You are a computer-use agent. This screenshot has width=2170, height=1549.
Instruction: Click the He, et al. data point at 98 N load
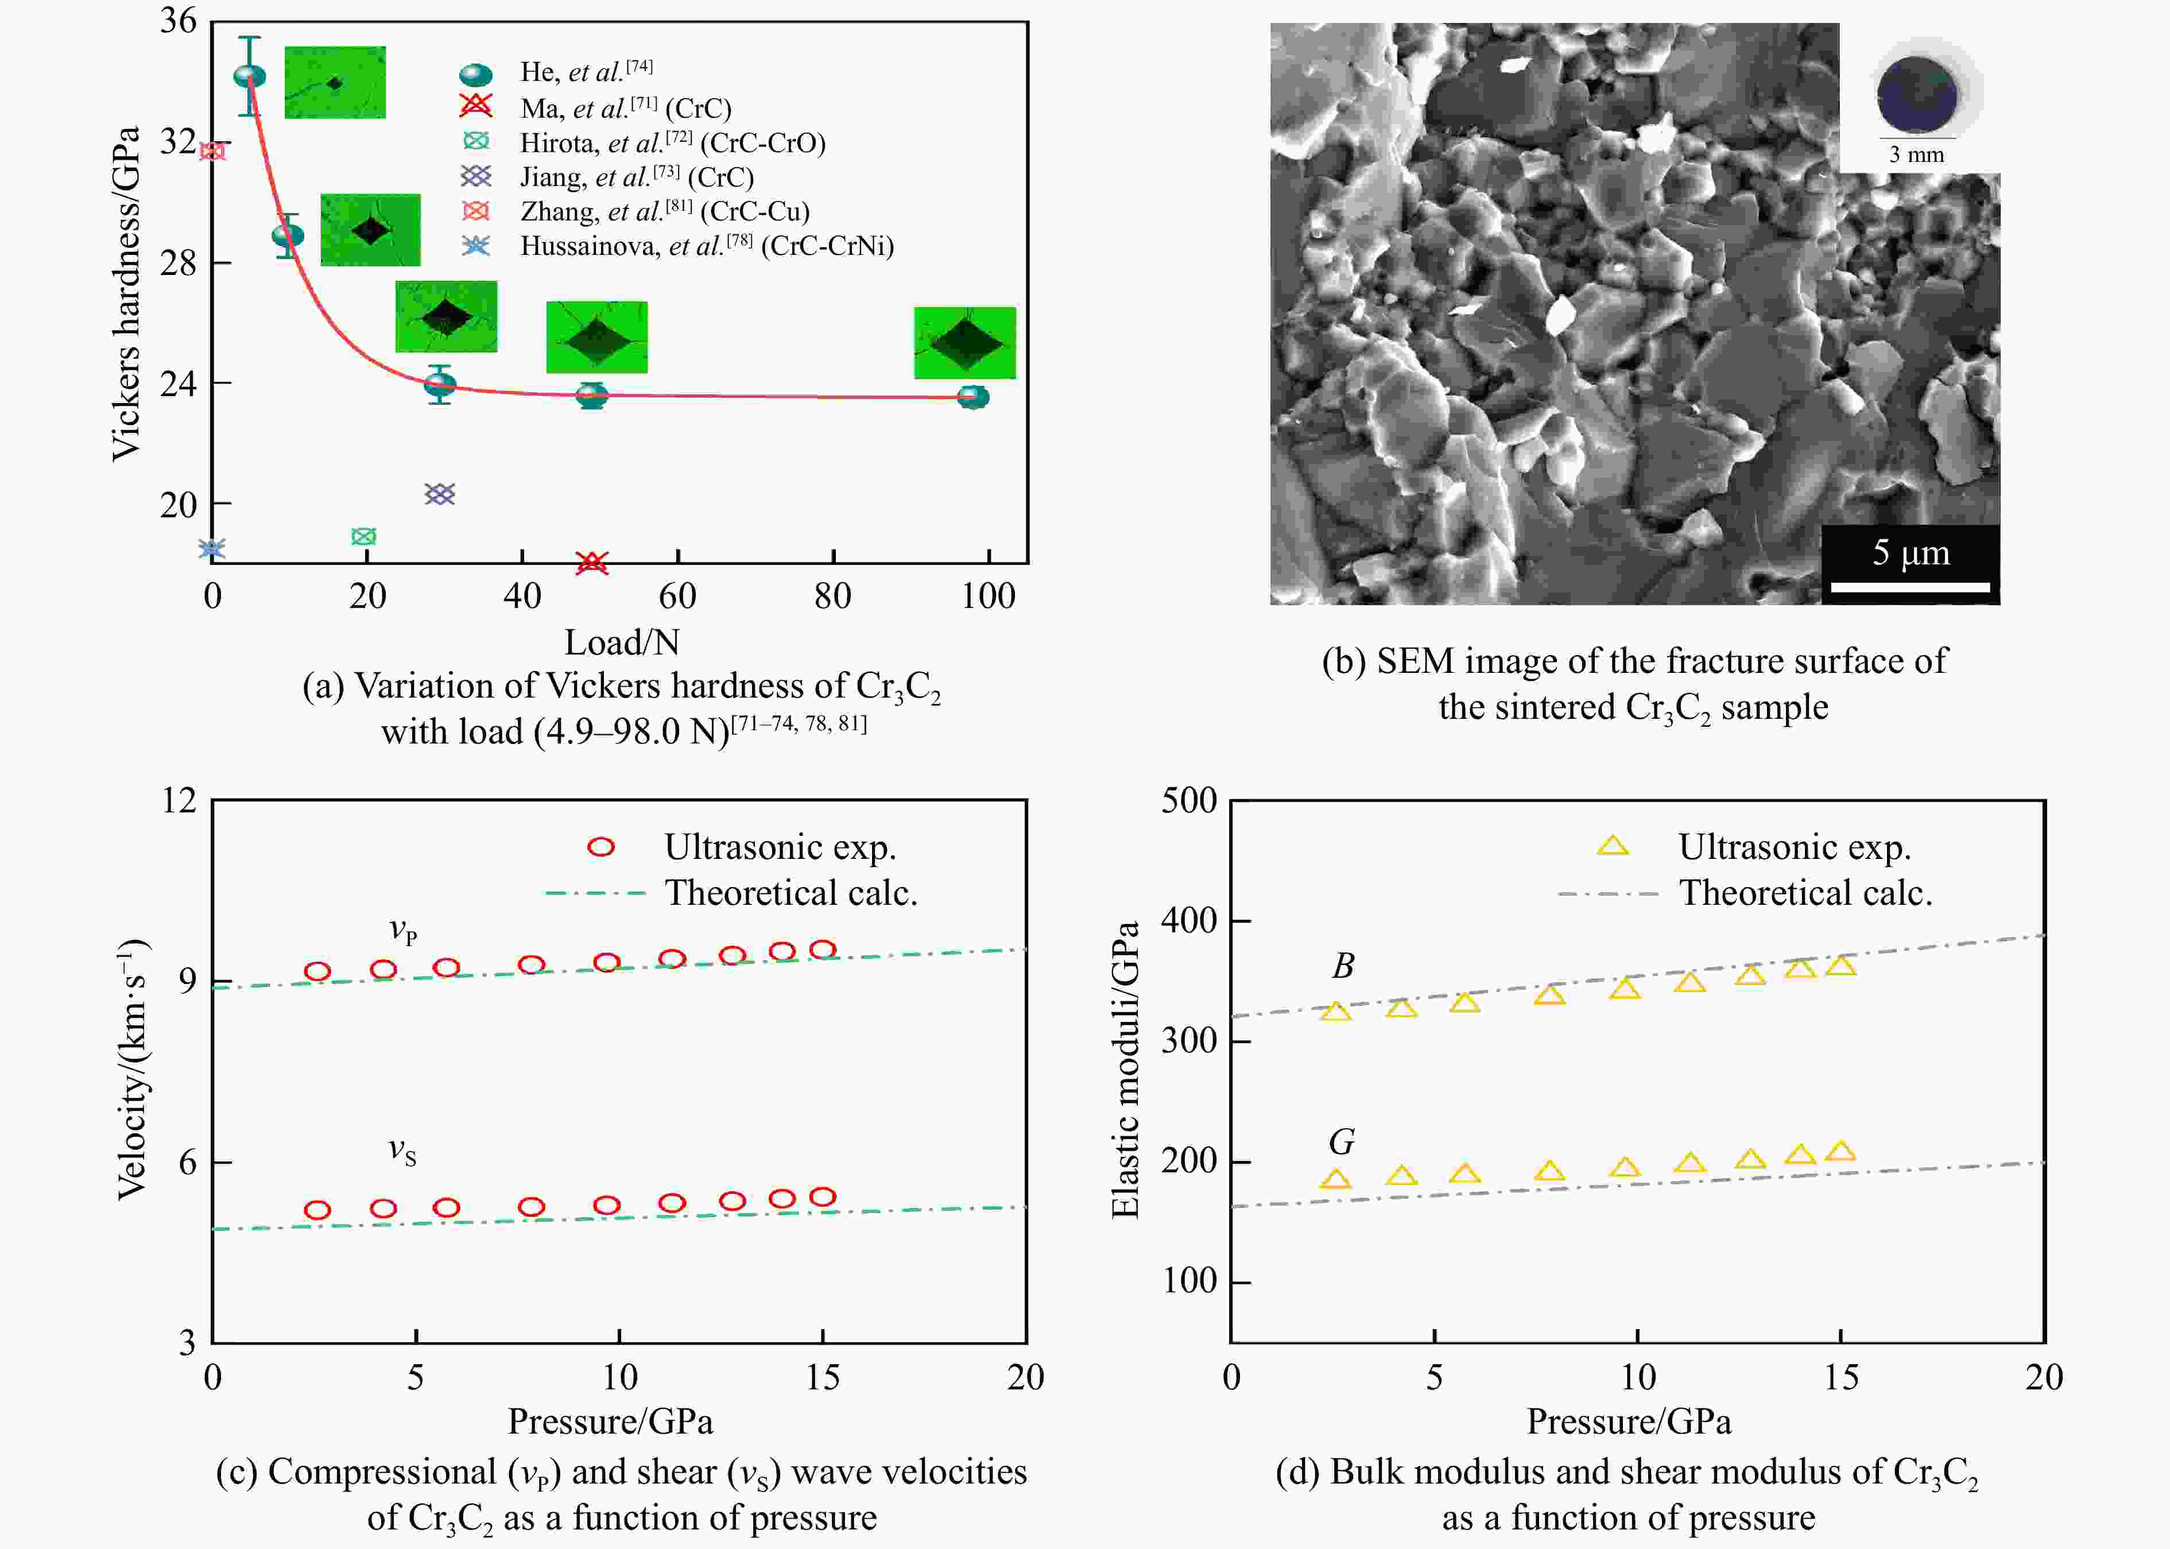(x=972, y=397)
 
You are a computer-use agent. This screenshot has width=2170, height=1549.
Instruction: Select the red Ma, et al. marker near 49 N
(x=591, y=563)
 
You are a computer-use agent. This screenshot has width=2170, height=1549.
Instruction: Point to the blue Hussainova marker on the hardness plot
(x=212, y=548)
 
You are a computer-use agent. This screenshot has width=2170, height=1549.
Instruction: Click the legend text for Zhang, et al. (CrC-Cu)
(x=664, y=211)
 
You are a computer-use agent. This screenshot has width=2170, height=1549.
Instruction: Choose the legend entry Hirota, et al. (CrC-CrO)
(x=672, y=143)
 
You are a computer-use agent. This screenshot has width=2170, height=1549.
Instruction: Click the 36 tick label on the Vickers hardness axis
(x=179, y=21)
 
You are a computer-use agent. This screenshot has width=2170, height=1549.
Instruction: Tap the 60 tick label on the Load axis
(x=677, y=596)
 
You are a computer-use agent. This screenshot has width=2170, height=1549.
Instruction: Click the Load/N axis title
(x=621, y=642)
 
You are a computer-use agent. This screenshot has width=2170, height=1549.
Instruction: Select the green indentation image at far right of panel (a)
(x=964, y=342)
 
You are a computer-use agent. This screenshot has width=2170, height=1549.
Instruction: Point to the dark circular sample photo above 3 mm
(x=1916, y=94)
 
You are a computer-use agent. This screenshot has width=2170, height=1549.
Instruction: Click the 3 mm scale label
(x=1916, y=154)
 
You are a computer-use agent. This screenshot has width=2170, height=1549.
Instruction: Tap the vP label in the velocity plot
(x=402, y=930)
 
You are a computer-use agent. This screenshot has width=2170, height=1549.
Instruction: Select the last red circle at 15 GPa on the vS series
(x=822, y=1197)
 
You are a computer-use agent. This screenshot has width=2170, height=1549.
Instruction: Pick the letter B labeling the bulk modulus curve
(x=1342, y=966)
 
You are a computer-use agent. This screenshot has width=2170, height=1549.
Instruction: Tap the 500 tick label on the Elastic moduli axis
(x=1188, y=800)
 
